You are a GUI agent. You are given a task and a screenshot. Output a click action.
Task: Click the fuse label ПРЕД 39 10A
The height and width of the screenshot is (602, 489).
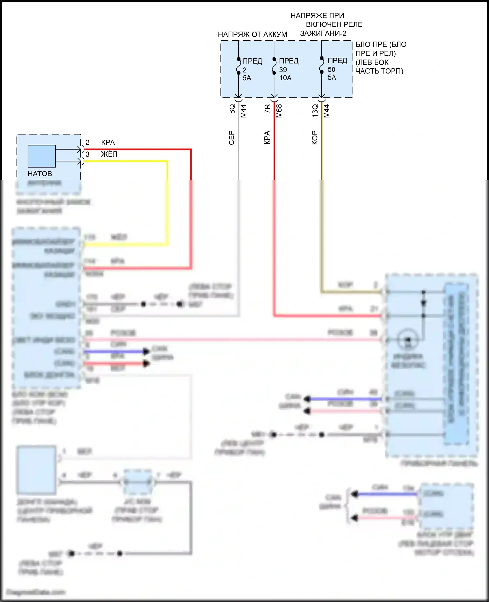click(x=285, y=69)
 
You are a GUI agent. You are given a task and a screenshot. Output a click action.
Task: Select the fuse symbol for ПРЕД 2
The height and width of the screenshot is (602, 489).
click(x=238, y=66)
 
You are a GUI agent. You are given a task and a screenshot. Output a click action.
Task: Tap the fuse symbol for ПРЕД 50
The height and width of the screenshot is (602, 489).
click(x=322, y=65)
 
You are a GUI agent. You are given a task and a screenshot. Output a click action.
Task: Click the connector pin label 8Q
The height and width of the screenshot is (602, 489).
click(x=232, y=109)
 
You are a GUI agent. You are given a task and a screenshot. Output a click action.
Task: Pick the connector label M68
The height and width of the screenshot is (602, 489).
click(x=279, y=111)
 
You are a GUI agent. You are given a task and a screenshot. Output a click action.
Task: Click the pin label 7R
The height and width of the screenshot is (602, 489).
click(x=267, y=109)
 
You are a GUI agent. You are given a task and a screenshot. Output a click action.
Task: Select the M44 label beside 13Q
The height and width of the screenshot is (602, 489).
click(x=327, y=111)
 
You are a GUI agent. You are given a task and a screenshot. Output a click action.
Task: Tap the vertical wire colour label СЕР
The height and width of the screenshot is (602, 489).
click(x=231, y=138)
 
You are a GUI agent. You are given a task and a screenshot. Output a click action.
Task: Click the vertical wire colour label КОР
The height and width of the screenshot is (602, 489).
click(x=315, y=138)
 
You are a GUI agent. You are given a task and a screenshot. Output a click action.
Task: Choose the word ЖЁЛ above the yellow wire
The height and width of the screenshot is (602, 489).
click(x=109, y=154)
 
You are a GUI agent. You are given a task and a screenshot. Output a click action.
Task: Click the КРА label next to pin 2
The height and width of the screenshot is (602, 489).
click(x=108, y=142)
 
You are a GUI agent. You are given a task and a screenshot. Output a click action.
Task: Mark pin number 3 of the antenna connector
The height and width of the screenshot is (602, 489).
click(x=87, y=154)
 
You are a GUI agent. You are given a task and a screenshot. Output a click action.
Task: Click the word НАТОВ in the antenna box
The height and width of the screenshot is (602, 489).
click(x=39, y=173)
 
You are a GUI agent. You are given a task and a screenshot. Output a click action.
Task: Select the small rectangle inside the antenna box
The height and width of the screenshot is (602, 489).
click(x=41, y=156)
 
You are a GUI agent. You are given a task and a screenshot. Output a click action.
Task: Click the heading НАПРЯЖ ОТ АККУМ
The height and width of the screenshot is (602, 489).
click(x=252, y=34)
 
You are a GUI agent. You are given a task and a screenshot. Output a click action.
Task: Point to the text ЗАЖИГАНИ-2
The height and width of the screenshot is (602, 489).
click(x=323, y=33)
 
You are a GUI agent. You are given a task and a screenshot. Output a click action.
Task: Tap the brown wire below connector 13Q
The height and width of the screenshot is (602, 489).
click(x=322, y=147)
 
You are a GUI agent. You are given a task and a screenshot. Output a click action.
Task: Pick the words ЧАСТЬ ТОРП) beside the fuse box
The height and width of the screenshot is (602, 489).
click(x=379, y=71)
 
